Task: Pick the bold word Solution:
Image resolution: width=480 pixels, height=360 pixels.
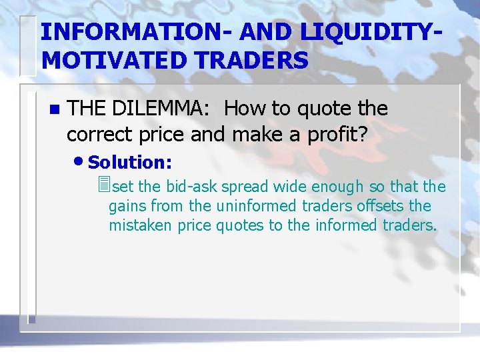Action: tap(130, 162)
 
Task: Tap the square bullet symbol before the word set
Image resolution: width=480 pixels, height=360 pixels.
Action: tap(102, 185)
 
